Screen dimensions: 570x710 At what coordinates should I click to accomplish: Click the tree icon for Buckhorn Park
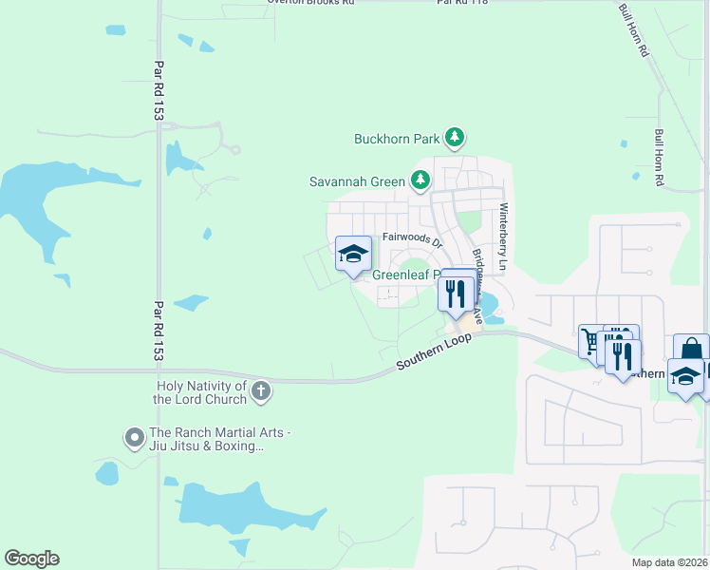click(x=456, y=139)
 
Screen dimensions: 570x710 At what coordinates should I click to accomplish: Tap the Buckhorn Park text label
click(x=395, y=139)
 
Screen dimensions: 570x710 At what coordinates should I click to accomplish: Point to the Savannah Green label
click(x=357, y=181)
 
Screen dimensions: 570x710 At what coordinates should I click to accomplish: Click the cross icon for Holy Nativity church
click(x=261, y=391)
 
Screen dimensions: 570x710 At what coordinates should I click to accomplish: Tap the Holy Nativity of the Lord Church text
click(x=200, y=392)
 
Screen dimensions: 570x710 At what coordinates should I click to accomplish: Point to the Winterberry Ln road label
click(x=504, y=238)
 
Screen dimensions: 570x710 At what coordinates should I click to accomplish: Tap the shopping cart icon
click(x=591, y=340)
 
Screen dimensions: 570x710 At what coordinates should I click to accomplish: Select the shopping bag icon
click(x=690, y=349)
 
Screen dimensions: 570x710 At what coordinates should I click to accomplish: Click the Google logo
click(x=31, y=559)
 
